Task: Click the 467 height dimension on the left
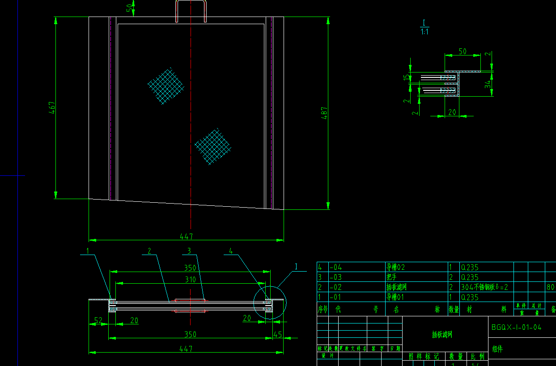click(x=52, y=107)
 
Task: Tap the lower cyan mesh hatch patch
click(x=212, y=146)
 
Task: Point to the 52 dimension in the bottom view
click(x=98, y=320)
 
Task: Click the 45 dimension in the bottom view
click(x=277, y=334)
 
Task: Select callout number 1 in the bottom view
click(x=88, y=251)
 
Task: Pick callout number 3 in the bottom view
click(x=189, y=251)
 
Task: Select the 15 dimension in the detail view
click(x=406, y=78)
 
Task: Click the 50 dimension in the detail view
click(x=463, y=51)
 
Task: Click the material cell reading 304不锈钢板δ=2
click(x=484, y=287)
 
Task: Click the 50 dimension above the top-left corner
click(x=130, y=8)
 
